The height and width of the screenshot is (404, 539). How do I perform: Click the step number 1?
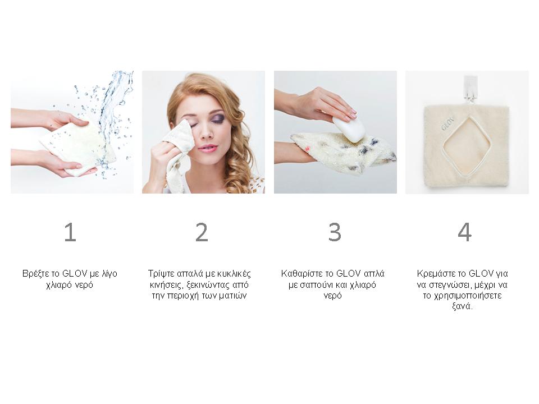[x=71, y=232]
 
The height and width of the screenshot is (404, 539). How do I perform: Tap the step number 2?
[x=202, y=232]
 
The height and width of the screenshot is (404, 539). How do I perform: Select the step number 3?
[x=335, y=232]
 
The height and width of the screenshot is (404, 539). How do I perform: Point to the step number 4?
[x=465, y=232]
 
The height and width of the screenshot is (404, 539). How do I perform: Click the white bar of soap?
[x=349, y=129]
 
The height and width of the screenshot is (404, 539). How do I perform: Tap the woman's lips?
[x=208, y=148]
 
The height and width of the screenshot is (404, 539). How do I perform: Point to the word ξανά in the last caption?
[x=462, y=306]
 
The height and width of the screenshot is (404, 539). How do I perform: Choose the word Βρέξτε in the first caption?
[x=35, y=274]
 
